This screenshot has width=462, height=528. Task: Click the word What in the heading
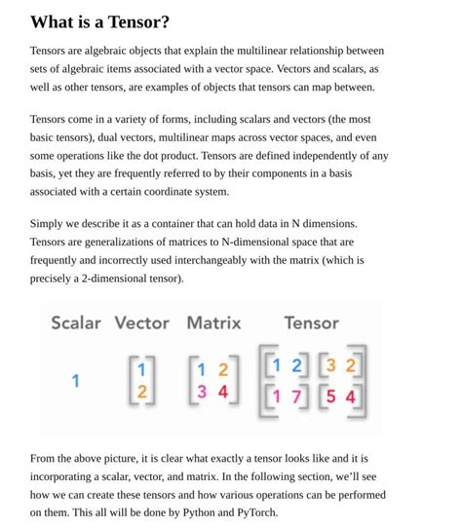tap(50, 21)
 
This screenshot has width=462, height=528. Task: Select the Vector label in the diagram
tap(141, 322)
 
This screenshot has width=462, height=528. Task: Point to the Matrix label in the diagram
tap(213, 322)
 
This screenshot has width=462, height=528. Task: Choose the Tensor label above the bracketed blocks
tap(311, 322)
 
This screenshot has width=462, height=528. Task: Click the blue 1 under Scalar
tap(75, 381)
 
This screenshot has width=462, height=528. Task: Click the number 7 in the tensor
tap(296, 397)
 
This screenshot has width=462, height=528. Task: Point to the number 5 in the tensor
tap(331, 397)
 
